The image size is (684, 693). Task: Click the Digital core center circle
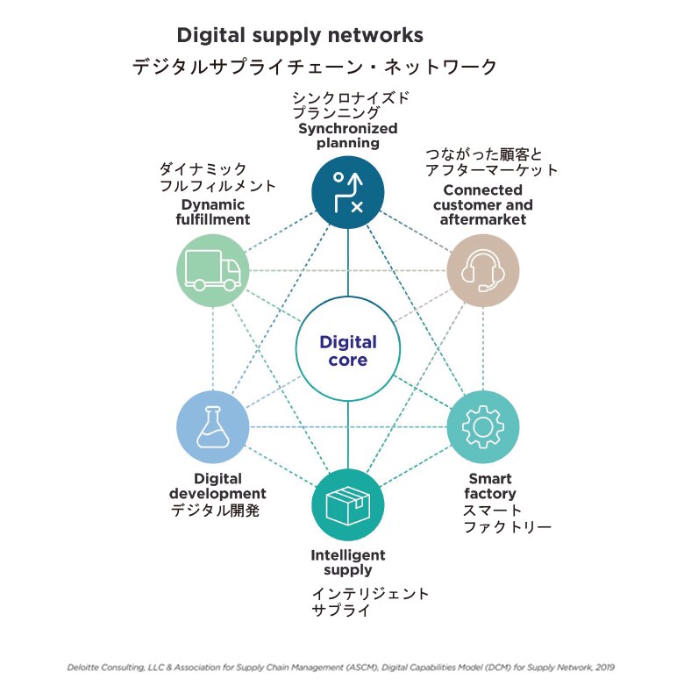click(348, 351)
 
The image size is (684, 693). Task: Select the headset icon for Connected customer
click(483, 270)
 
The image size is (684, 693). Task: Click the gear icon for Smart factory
click(483, 427)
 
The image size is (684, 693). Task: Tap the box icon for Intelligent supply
click(348, 505)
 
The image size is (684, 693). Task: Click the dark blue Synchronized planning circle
click(348, 192)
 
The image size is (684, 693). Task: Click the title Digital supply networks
click(300, 35)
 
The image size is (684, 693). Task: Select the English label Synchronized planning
click(348, 136)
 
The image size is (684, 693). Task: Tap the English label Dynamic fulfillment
click(213, 212)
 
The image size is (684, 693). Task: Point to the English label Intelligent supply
click(348, 562)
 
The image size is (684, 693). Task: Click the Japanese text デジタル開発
click(215, 511)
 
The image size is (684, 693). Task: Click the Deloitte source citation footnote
click(341, 667)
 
